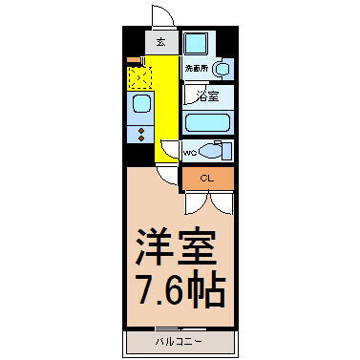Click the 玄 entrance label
(160, 43)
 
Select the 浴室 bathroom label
(208, 96)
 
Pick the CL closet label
(206, 178)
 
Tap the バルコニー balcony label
(179, 340)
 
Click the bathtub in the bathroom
(207, 122)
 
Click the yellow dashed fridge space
(139, 76)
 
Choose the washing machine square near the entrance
(198, 43)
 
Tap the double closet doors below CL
(206, 201)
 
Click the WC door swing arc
(169, 150)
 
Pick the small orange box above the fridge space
(133, 61)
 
